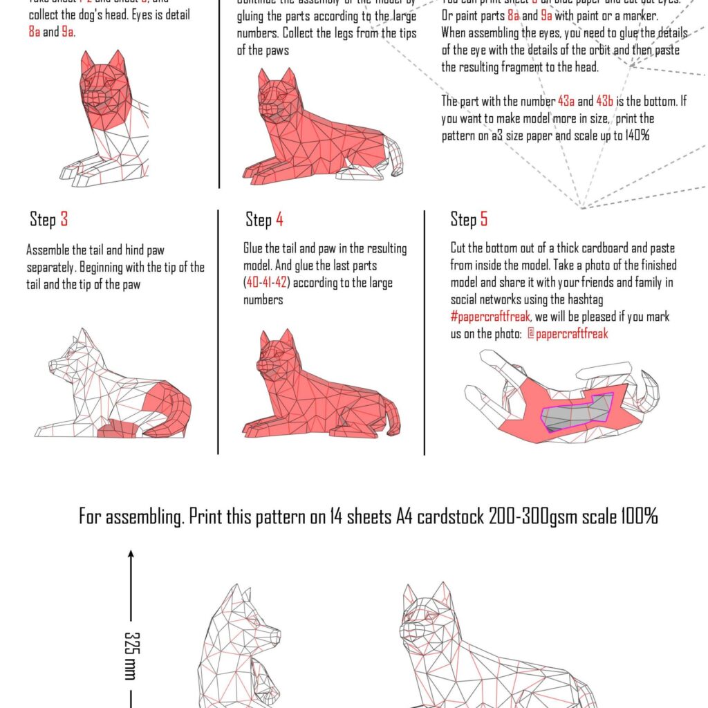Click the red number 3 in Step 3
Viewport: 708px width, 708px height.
64,220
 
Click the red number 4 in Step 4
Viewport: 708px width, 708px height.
279,220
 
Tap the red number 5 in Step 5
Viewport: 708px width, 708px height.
484,220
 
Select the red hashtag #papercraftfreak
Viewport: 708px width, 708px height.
490,317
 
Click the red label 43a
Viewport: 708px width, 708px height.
566,101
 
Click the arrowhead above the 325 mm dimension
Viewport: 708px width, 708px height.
130,553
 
